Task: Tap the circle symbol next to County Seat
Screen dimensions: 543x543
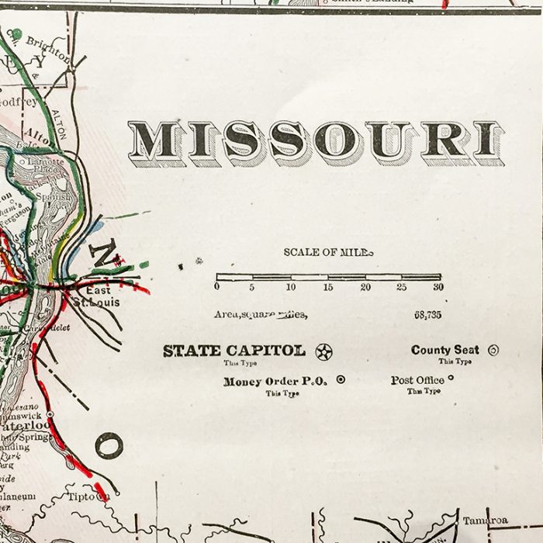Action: [x=493, y=351]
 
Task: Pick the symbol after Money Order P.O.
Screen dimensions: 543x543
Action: [x=340, y=380]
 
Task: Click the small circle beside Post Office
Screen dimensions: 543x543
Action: [x=451, y=379]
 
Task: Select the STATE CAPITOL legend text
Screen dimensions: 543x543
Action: [x=233, y=351]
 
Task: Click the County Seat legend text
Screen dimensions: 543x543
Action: [x=444, y=350]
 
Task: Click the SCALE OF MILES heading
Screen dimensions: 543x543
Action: [x=327, y=252]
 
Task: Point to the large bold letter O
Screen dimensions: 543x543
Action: [x=109, y=445]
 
